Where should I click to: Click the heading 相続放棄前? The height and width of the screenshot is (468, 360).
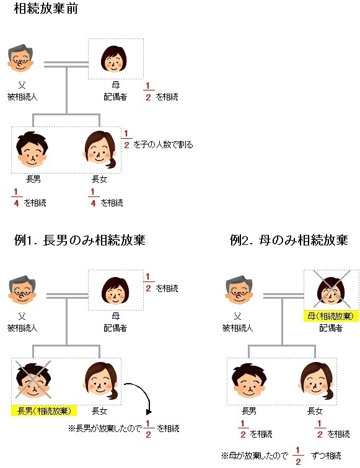tap(46, 8)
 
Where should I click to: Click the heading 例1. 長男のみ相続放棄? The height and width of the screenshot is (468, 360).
tap(80, 241)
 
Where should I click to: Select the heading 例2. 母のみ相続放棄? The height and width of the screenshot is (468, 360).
tap(289, 241)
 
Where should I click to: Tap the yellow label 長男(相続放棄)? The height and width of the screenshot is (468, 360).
tap(44, 411)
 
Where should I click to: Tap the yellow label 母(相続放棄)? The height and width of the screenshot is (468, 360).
tap(330, 316)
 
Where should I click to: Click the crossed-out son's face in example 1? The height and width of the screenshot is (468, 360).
tap(33, 380)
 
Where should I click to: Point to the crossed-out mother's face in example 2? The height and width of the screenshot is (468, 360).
tap(331, 290)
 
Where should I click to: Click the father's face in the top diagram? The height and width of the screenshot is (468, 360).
tap(20, 58)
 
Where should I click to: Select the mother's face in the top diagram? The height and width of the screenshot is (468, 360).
tap(113, 59)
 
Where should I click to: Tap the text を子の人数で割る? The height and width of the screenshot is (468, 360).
tap(163, 145)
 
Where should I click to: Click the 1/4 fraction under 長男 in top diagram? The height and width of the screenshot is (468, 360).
tap(16, 198)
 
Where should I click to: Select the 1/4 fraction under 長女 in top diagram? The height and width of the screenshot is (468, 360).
tap(93, 198)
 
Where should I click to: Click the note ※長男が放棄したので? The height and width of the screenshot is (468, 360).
tap(105, 428)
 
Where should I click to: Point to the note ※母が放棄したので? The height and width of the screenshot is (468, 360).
tap(255, 456)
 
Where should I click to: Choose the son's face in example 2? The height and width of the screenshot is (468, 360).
tap(248, 380)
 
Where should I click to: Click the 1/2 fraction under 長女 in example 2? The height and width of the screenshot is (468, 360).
tap(320, 429)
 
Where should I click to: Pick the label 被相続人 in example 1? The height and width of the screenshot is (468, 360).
tap(22, 328)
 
